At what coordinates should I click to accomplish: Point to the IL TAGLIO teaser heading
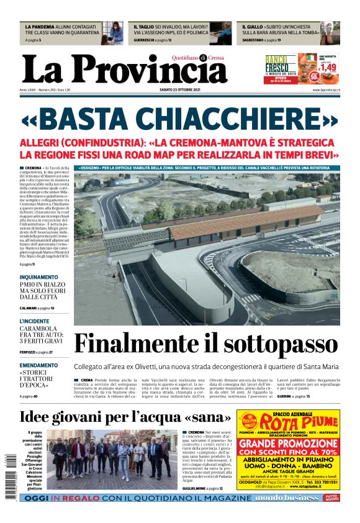click(145, 27)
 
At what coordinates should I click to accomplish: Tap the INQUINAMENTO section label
click(38, 277)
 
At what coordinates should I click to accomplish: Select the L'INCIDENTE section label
click(35, 321)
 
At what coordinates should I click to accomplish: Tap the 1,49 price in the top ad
click(328, 66)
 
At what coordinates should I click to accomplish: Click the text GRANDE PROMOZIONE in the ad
click(288, 443)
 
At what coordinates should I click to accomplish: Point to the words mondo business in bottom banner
click(293, 498)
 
